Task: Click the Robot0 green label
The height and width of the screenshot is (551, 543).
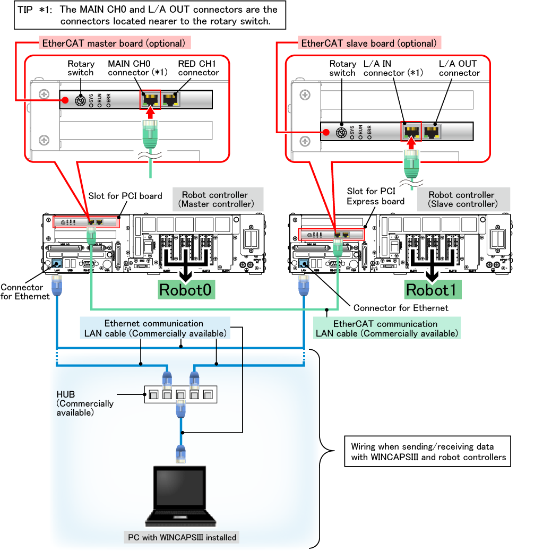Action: [x=186, y=290]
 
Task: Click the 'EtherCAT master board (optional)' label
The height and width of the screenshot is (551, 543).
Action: [x=115, y=43]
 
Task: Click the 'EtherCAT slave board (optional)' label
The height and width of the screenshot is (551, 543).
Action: [x=368, y=43]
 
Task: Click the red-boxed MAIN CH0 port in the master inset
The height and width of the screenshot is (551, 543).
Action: [x=150, y=99]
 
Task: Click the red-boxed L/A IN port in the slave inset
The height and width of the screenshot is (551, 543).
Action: [x=410, y=131]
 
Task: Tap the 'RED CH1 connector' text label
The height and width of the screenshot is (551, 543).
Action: [x=199, y=68]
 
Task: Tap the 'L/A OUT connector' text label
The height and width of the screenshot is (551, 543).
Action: [x=458, y=68]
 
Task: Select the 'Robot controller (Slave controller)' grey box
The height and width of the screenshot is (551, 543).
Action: [x=463, y=199]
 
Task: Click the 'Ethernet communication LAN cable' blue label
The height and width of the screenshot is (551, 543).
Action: [x=155, y=328]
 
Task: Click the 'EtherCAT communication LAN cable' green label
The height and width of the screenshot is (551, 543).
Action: [x=386, y=329]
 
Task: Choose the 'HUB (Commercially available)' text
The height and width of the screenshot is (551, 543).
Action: [x=85, y=403]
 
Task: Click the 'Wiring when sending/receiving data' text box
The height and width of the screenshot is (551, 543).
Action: [x=428, y=452]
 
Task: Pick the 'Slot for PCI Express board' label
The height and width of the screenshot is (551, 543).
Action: [x=375, y=196]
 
